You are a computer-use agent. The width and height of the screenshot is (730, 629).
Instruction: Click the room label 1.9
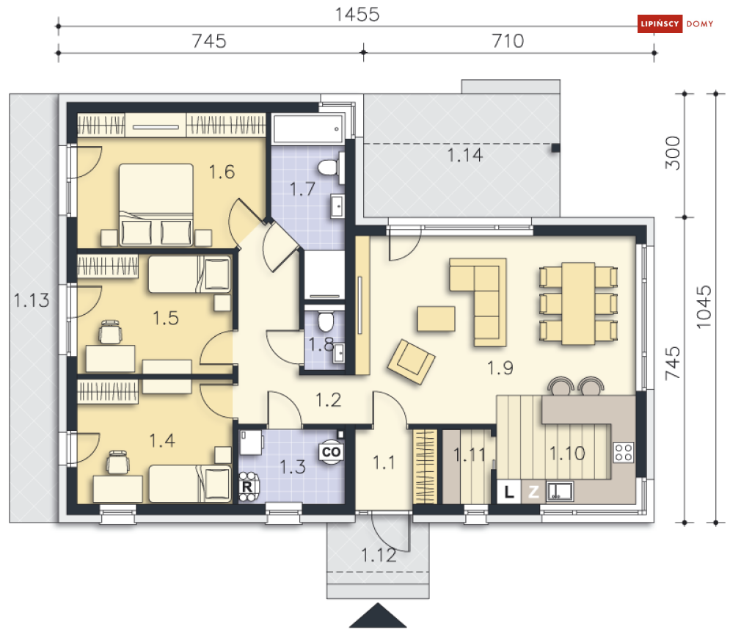500,368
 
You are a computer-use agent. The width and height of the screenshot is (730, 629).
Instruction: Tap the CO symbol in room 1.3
331,451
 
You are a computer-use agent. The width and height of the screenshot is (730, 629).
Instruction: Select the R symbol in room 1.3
247,487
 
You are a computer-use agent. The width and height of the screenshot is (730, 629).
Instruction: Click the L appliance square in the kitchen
509,492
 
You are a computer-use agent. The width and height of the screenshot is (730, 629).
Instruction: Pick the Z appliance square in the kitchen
533,492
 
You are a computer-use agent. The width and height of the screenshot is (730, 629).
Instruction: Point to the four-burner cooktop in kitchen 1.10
624,451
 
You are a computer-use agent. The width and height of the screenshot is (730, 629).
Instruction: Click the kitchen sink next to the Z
559,492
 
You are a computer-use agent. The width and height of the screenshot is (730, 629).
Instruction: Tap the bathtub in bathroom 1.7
308,129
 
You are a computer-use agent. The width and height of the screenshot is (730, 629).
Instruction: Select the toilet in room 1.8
326,321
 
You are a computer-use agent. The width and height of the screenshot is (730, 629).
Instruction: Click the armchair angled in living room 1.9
411,361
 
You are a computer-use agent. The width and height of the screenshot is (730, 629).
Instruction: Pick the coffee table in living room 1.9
436,319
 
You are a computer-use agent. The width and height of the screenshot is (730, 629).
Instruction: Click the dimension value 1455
357,15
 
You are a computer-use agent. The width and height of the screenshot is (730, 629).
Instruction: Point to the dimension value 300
674,153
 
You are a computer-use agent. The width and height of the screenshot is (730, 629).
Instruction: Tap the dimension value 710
508,41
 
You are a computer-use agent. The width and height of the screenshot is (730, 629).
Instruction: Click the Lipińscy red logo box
660,23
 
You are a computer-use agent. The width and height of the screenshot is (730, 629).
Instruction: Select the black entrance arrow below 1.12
378,616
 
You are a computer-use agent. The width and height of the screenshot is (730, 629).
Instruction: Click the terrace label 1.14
464,155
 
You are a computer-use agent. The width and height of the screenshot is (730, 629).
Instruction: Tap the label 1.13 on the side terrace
32,300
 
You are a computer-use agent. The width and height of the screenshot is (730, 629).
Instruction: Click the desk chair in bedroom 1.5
110,332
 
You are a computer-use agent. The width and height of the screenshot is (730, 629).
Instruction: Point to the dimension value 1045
704,307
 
